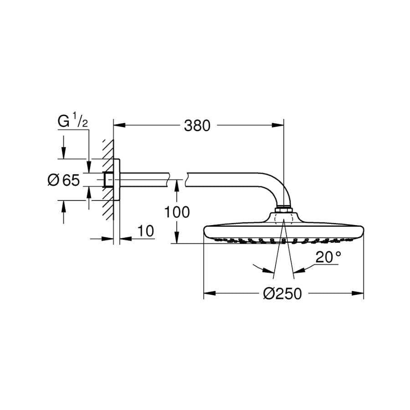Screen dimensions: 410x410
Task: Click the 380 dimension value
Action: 197,125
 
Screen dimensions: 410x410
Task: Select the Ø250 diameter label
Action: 282,294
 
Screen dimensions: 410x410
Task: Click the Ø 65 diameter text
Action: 63,180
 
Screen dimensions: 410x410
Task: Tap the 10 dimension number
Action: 146,231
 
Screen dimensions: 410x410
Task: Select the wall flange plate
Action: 117,179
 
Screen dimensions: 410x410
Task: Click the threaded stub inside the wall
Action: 109,180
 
